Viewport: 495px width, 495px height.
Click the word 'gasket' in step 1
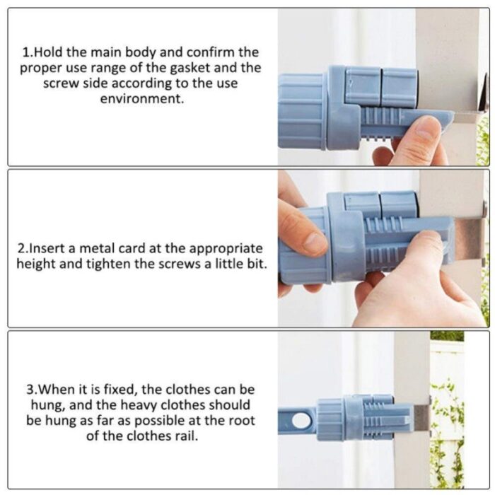pyautogui.click(x=190, y=68)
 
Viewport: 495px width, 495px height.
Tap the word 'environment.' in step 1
pyautogui.click(x=142, y=99)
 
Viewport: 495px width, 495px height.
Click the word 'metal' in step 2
pyautogui.click(x=97, y=248)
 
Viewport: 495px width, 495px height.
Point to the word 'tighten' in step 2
pyautogui.click(x=108, y=264)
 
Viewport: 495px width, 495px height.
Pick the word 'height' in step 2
pyautogui.click(x=36, y=264)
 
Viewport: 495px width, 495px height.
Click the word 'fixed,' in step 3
pyautogui.click(x=121, y=390)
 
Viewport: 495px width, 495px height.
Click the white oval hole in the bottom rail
pyautogui.click(x=301, y=421)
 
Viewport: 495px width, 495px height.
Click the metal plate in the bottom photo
pyautogui.click(x=422, y=416)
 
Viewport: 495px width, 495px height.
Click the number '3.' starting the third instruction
pyautogui.click(x=32, y=390)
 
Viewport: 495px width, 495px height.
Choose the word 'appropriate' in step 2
pyautogui.click(x=226, y=249)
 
